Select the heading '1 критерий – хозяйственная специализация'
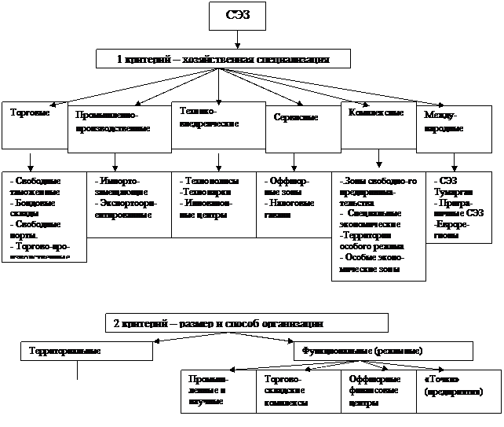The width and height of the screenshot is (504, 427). pos(223,59)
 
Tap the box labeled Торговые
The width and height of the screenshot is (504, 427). pos(34,124)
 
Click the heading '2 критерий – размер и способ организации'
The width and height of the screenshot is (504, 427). pos(247,322)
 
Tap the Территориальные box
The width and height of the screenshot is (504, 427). pos(86,350)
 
